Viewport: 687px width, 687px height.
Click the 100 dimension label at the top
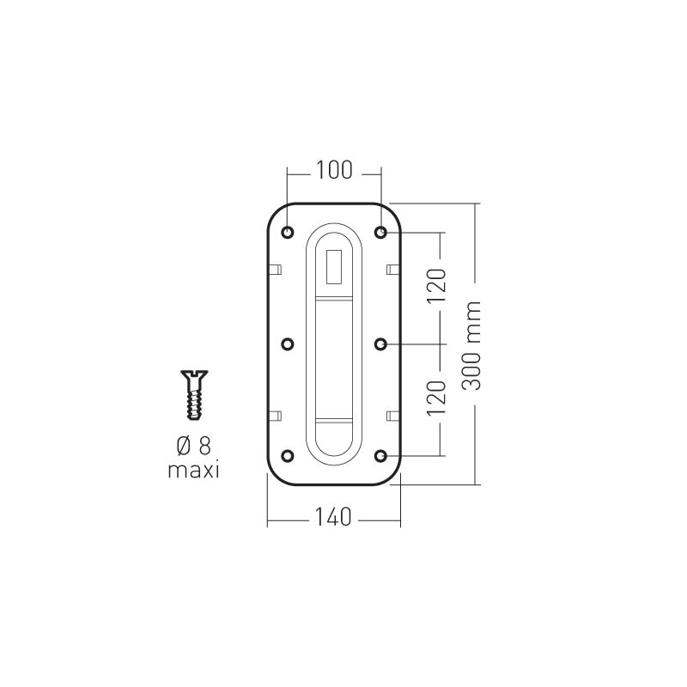coord(334,170)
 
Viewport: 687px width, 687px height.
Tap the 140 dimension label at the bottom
coord(333,517)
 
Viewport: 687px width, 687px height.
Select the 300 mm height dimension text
coord(471,345)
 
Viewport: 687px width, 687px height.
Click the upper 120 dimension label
coord(436,285)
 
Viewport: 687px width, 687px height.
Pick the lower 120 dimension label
coord(436,398)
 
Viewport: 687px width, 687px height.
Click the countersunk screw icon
coord(194,395)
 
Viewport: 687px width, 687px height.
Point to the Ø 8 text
coord(194,446)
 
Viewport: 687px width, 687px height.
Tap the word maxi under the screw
coord(194,471)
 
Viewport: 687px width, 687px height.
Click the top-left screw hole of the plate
coord(288,232)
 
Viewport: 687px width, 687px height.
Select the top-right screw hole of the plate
coord(380,232)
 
